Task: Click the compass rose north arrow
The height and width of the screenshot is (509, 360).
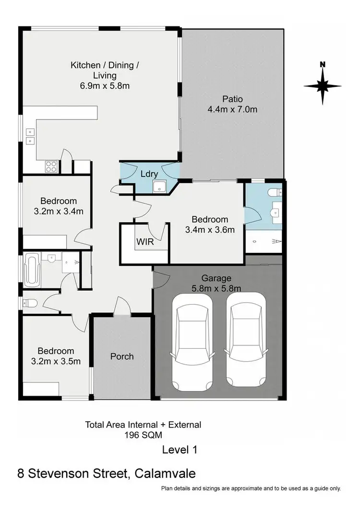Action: pos(323,84)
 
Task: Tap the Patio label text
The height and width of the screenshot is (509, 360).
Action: pos(232,99)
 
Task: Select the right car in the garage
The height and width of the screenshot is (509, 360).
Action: pos(246,341)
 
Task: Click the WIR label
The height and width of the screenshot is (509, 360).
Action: pos(145,242)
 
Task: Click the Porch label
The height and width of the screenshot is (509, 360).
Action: pos(122,356)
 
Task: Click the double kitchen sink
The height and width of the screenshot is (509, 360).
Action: pos(30,136)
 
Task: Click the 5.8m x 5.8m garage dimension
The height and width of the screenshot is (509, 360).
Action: pos(216,288)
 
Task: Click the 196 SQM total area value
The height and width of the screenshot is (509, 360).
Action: pos(143,436)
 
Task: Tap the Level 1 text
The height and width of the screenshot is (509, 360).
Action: pos(180,450)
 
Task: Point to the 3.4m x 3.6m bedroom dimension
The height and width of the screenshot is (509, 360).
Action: pos(210,229)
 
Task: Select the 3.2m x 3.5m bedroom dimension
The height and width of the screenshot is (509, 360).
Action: pos(57,361)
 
